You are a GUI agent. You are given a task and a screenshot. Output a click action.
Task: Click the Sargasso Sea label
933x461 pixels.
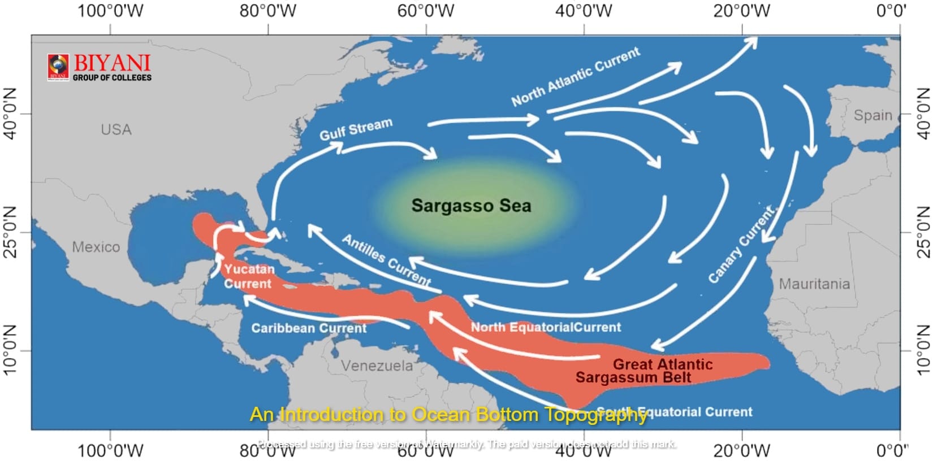click(471, 206)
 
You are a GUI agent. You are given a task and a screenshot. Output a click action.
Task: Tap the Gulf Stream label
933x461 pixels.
click(356, 129)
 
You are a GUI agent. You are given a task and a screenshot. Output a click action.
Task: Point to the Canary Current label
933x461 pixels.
click(741, 245)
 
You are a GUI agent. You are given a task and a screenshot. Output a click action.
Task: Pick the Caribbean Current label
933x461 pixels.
click(309, 328)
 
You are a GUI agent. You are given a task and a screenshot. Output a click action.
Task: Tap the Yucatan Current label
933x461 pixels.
click(248, 276)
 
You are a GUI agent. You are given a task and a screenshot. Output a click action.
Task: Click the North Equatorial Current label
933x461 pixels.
click(546, 327)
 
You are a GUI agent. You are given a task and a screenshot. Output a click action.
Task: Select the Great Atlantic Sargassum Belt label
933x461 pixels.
click(645, 371)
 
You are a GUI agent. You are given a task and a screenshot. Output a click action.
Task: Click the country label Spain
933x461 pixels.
click(872, 115)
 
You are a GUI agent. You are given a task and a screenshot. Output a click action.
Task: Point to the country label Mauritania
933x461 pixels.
click(814, 284)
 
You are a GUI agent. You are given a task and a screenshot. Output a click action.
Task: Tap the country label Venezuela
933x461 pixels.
click(377, 366)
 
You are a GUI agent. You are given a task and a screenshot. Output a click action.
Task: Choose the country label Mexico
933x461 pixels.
click(96, 247)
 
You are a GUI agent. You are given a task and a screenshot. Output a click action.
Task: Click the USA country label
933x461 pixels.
click(116, 129)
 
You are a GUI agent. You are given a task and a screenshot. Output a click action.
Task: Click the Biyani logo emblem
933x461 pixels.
click(58, 66)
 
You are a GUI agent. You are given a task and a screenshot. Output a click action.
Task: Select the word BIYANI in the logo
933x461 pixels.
click(112, 63)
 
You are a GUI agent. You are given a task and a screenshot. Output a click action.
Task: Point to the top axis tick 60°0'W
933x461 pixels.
click(425, 11)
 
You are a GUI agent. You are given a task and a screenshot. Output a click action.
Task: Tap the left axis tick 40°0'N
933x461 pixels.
click(11, 114)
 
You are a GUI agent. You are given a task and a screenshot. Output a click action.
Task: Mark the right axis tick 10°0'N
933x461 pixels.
click(922, 350)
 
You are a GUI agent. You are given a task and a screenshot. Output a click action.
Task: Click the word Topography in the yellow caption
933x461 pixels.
click(596, 415)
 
